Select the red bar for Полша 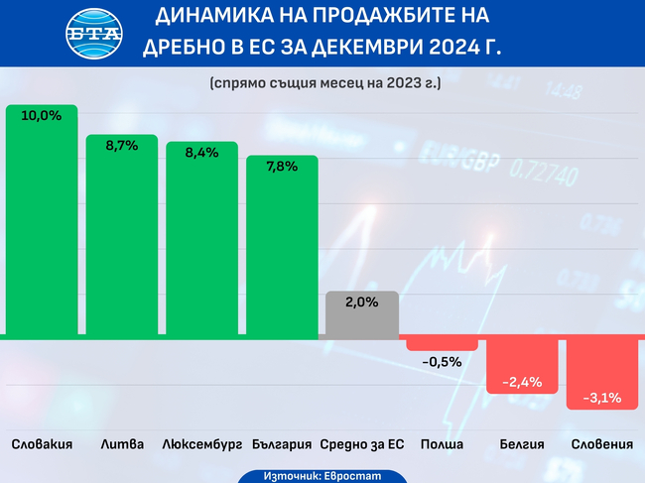[x=442, y=344]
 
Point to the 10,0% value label [x=42, y=116]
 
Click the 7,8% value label [x=282, y=166]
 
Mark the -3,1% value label [x=602, y=398]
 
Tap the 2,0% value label [x=362, y=302]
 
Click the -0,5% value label [x=442, y=362]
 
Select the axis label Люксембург [x=201, y=443]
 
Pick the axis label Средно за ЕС [x=362, y=443]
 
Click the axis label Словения [x=602, y=443]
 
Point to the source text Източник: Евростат [x=322, y=475]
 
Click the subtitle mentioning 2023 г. [x=324, y=84]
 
